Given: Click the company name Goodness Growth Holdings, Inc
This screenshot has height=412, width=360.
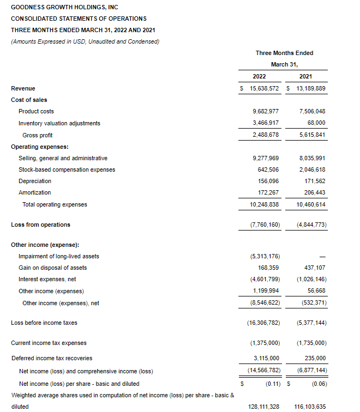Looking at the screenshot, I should tap(64, 7).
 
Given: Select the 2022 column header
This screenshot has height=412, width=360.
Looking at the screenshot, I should tap(259, 76).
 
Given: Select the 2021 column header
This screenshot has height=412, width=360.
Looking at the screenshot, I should tap(305, 76).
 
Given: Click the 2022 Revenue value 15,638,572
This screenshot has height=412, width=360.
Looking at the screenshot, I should tap(263, 88).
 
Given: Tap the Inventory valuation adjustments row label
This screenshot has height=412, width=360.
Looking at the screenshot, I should tap(59, 123).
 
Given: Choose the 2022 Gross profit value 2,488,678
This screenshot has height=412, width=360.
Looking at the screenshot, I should tap(263, 135).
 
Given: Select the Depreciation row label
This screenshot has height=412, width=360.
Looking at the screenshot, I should tap(35, 181).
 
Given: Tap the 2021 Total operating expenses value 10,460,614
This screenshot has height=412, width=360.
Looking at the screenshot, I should tap(310, 204).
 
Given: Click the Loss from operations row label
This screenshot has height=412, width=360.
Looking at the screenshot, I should tap(40, 225).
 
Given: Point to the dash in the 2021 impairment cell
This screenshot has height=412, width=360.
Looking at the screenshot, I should tap(322, 256).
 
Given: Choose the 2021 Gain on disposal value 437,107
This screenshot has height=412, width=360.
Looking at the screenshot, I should tap(314, 268).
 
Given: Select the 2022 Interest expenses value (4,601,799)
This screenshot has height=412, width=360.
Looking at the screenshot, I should tap(263, 280).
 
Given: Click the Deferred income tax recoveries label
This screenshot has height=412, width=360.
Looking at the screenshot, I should tap(52, 358).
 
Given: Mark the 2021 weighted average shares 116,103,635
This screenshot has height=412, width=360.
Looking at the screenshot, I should tap(308, 407).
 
